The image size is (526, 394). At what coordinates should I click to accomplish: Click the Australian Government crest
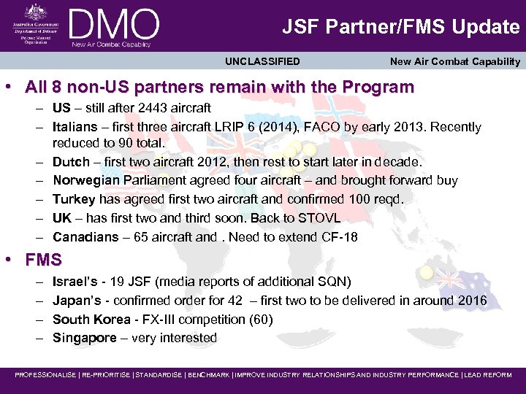[34, 12]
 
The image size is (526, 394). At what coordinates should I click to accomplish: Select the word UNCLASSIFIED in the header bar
[262, 61]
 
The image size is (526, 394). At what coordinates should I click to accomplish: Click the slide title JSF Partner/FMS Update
[401, 27]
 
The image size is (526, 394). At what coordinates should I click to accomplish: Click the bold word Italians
[76, 127]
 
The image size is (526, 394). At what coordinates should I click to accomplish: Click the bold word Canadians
[85, 237]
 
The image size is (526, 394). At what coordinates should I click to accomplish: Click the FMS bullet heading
[43, 260]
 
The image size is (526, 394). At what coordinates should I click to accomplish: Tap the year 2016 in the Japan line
[471, 300]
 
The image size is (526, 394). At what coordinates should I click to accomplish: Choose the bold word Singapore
[85, 338]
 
